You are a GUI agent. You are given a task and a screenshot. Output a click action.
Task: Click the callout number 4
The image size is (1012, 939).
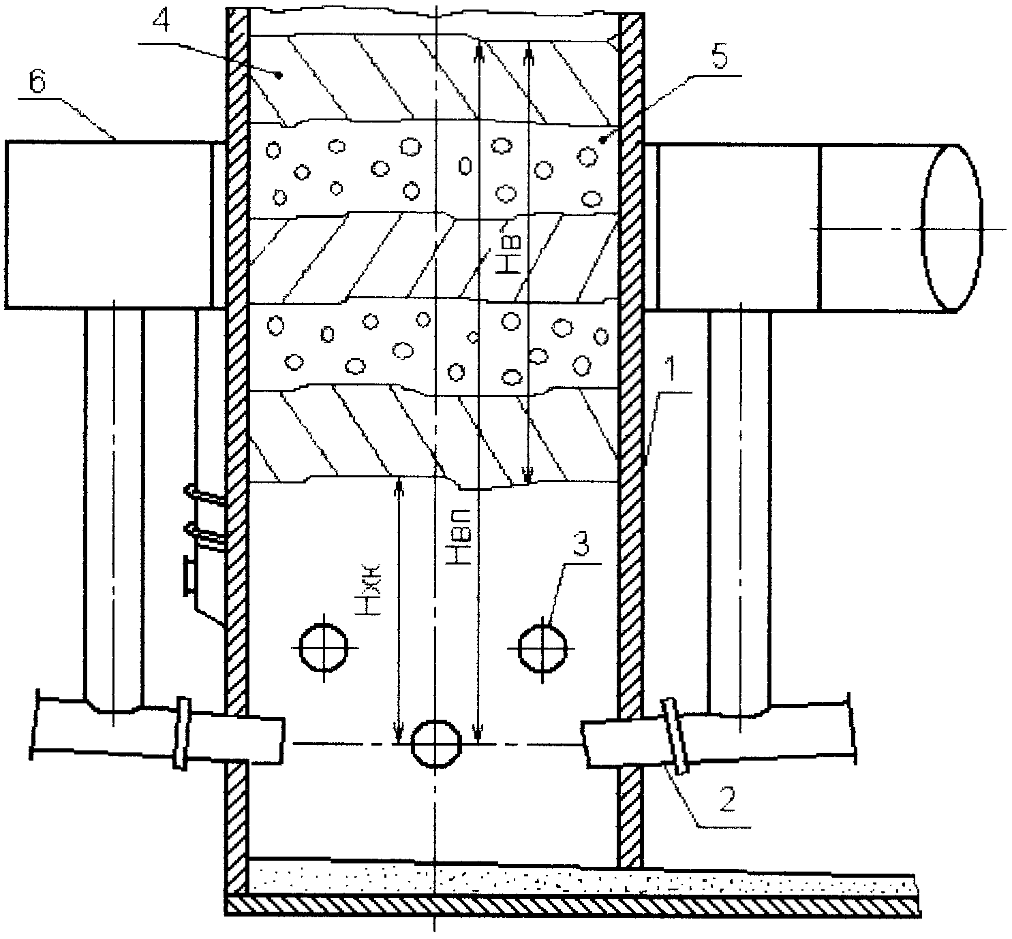160,22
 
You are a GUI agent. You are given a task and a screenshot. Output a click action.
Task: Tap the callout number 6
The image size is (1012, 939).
37,82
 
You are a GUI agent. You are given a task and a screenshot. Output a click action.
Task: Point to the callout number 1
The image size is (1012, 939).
672,368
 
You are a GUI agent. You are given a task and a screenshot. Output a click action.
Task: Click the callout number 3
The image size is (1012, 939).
581,543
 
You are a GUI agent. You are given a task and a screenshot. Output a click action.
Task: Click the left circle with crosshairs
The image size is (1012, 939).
324,648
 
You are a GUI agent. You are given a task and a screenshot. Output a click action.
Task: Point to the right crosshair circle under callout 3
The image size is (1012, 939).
542,648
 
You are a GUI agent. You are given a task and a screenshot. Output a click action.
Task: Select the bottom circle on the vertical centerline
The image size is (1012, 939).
436,744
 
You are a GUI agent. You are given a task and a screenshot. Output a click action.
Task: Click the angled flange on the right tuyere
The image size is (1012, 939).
675,737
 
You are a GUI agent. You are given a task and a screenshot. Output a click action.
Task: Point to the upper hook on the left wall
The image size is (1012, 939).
204,494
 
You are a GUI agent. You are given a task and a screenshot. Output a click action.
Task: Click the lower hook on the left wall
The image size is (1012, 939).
204,532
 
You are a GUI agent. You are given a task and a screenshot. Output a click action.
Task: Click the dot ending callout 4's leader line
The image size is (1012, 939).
278,76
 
